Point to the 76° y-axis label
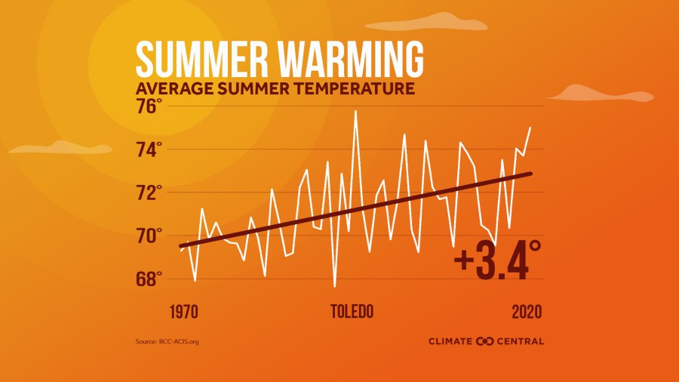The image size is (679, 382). [x=149, y=106]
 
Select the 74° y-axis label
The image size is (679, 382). [x=149, y=149]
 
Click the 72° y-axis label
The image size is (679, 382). [x=149, y=193]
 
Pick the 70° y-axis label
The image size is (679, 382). [x=149, y=236]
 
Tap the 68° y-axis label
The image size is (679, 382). [x=149, y=279]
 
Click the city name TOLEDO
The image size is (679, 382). [x=352, y=312]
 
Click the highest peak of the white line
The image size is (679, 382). [x=355, y=112]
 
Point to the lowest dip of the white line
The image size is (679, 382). [x=334, y=286]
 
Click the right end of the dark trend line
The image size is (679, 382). [x=530, y=174]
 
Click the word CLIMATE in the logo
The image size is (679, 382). [x=450, y=341]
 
